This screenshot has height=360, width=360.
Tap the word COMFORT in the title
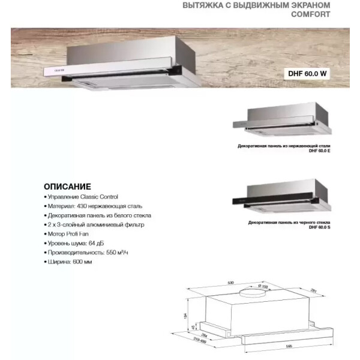[x=310, y=15]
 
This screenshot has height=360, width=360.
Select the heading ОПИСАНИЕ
[x=67, y=186]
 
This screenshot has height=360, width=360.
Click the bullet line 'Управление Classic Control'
[x=82, y=197]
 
